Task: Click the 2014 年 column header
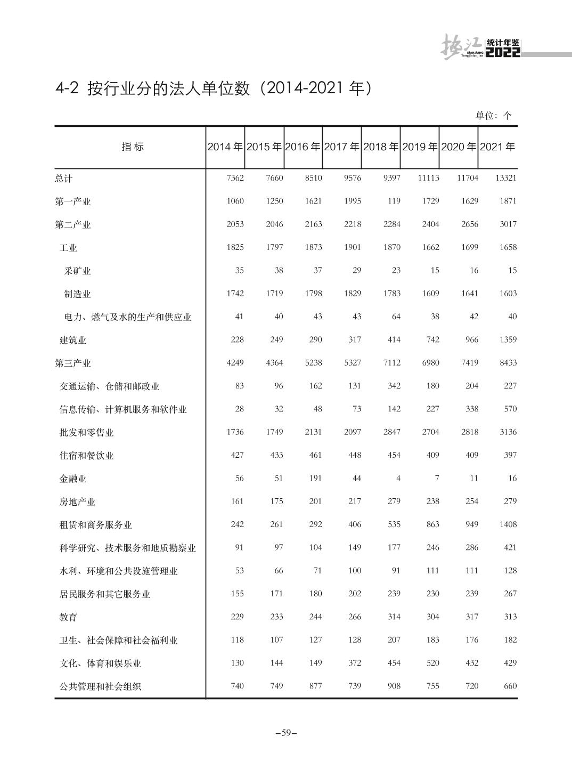225,147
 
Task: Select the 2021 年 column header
497,147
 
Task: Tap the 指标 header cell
133,147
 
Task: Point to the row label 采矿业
77,271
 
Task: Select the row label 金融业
73,479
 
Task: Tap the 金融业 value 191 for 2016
315,478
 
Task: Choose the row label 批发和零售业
86,432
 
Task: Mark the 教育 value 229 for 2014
237,617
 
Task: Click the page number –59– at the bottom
286,733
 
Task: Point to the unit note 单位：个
493,116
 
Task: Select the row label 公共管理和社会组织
100,686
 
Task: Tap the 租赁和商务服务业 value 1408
508,524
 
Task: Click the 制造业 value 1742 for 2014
235,293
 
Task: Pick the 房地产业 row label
77,501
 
